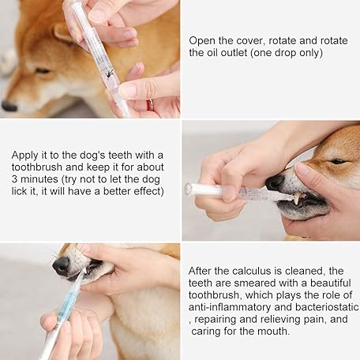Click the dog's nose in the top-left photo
pyautogui.click(x=9, y=106)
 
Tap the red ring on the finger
pyautogui.click(x=150, y=105)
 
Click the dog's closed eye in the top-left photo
pyautogui.click(x=43, y=71)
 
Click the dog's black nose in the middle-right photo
pyautogui.click(x=275, y=182)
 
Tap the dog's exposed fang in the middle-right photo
pyautogui.click(x=298, y=199)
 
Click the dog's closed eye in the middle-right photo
pyautogui.click(x=338, y=161)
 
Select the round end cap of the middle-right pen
pyautogui.click(x=188, y=189)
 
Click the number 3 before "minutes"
pyautogui.click(x=14, y=179)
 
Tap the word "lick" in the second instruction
pyautogui.click(x=18, y=191)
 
